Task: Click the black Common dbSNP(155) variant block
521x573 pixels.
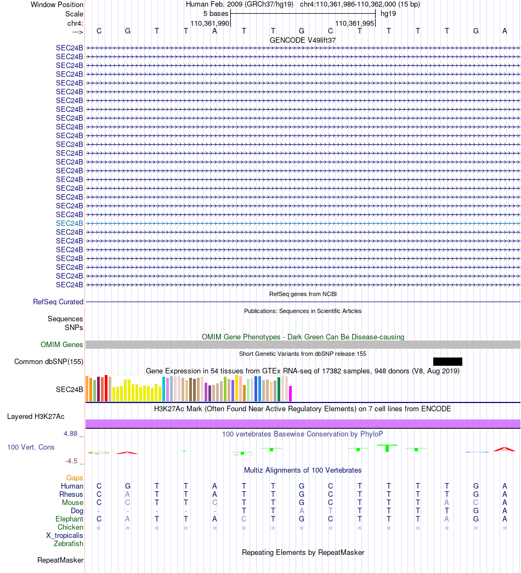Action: pos(448,361)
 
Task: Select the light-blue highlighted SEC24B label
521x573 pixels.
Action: pos(70,223)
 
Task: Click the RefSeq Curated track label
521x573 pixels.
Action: pos(58,302)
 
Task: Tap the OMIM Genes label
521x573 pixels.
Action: pos(62,344)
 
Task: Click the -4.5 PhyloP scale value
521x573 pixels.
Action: pos(72,461)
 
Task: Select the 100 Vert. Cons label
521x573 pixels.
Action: pos(31,447)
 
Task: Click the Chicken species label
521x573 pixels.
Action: pos(70,527)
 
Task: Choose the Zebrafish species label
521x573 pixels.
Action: pos(69,543)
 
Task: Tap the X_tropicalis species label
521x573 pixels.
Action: pos(65,535)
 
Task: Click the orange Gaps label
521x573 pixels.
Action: pos(75,478)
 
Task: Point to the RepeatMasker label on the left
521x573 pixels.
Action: pos(60,560)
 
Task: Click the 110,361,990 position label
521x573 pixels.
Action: pos(209,24)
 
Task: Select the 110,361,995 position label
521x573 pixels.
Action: pos(354,24)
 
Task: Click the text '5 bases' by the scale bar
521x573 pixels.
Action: pos(216,13)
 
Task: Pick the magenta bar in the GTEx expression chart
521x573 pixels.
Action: pos(291,393)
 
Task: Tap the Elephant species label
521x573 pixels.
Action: pos(69,519)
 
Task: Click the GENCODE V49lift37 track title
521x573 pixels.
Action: pos(303,40)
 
